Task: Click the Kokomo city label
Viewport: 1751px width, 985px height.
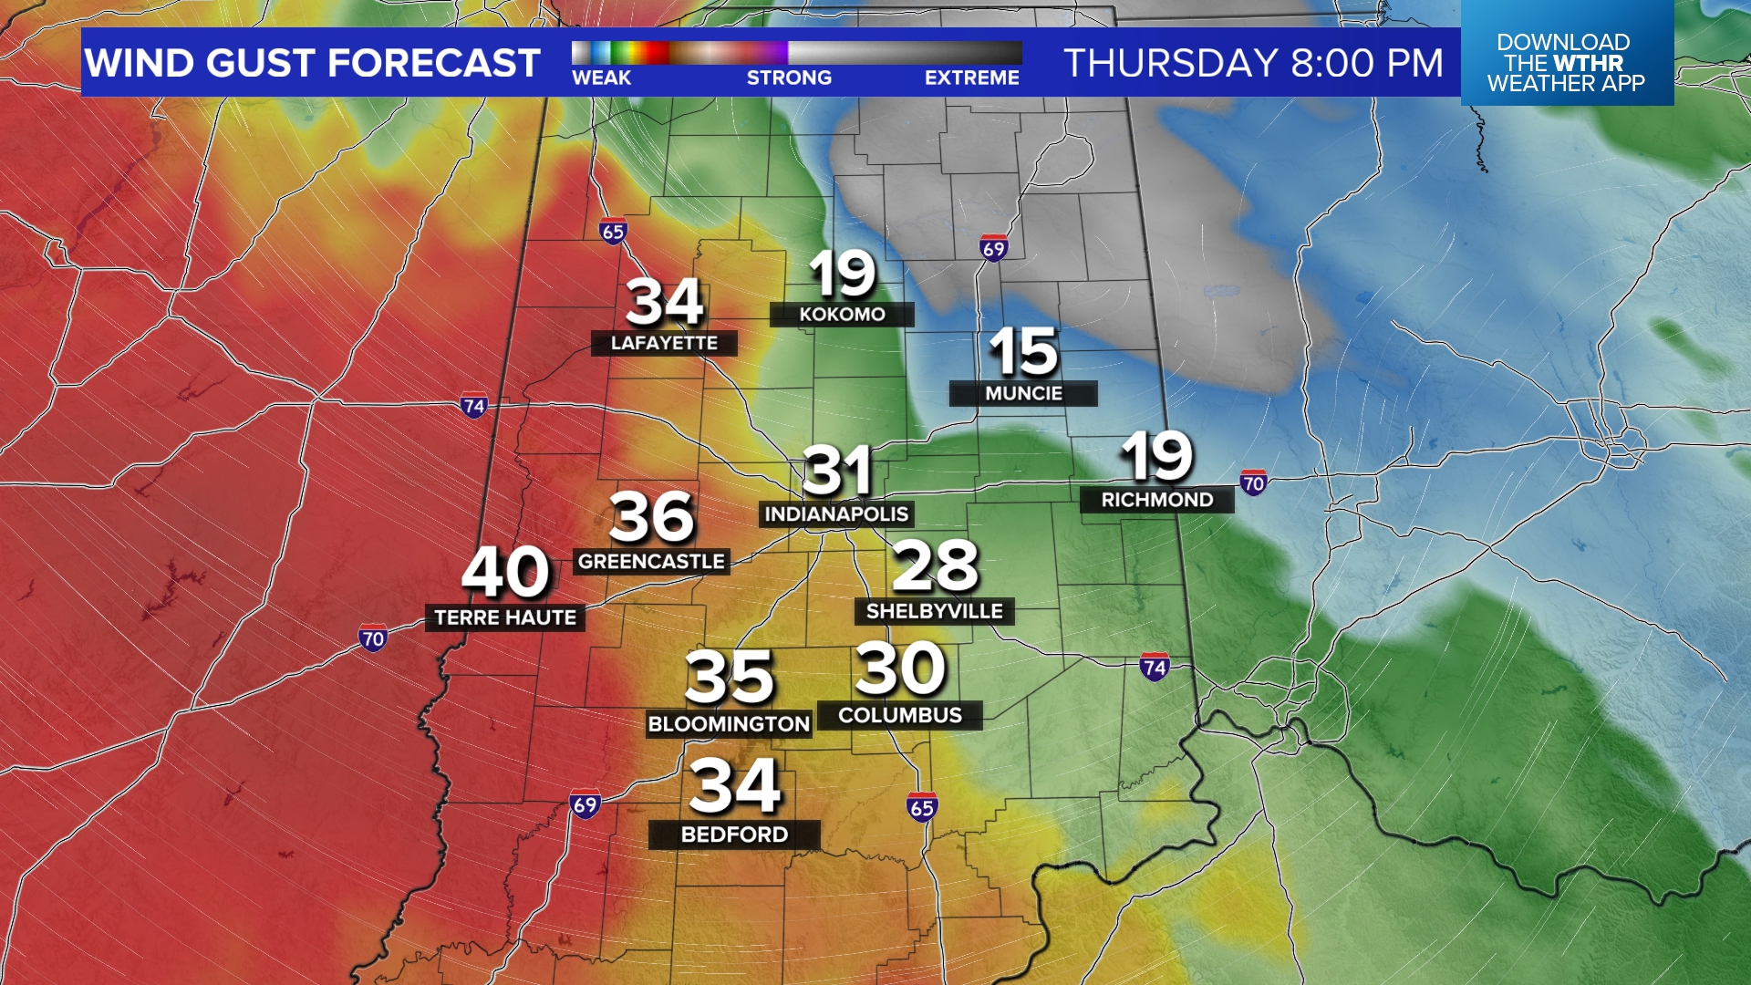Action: tap(842, 315)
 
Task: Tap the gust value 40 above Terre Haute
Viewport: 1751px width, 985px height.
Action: tap(506, 573)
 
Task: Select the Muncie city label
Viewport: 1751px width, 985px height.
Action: tap(1023, 393)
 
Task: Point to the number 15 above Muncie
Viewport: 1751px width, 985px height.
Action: tap(1023, 352)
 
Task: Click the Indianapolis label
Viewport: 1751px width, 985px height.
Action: tap(836, 514)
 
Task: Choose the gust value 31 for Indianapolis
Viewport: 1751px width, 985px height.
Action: tap(837, 472)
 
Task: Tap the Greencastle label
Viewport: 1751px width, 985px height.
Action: tap(651, 562)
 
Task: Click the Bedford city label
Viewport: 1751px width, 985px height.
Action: tap(734, 835)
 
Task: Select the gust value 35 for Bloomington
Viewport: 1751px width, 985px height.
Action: tap(730, 678)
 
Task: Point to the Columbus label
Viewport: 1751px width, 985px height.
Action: tap(900, 716)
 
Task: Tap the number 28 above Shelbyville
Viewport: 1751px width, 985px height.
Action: tap(935, 565)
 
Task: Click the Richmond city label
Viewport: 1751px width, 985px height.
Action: tap(1157, 500)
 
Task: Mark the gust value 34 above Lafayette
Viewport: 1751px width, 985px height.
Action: tap(664, 303)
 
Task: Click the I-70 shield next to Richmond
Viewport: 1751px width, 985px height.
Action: tap(1253, 483)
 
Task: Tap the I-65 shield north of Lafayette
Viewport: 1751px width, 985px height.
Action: tap(614, 232)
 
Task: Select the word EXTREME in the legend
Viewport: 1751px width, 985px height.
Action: tap(971, 78)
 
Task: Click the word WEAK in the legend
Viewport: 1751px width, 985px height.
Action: tap(601, 78)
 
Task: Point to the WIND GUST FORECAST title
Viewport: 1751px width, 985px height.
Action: tap(313, 63)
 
